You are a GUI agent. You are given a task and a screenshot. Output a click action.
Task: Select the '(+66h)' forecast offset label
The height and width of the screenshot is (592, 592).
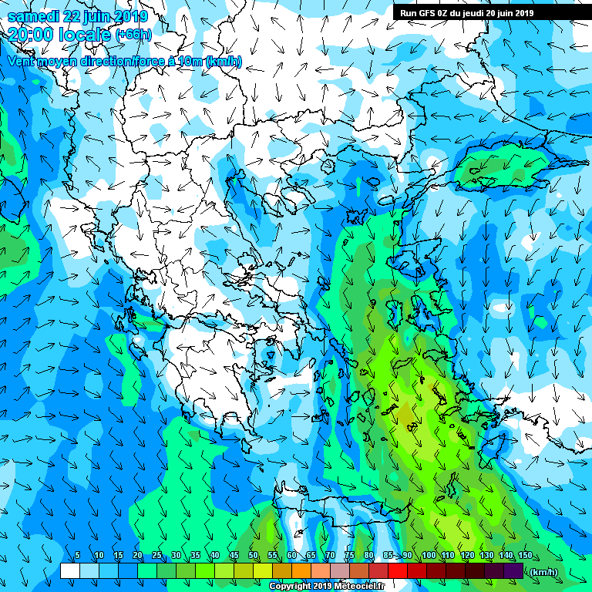(133, 35)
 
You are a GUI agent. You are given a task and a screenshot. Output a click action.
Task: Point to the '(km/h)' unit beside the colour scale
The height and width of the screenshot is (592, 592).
(545, 571)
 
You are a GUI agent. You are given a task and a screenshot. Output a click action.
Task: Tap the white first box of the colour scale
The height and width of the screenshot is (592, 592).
(70, 571)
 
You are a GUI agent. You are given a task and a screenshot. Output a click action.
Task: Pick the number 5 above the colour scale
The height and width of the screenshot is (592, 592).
(77, 556)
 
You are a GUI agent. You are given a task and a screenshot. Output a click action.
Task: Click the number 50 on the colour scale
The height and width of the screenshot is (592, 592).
(254, 556)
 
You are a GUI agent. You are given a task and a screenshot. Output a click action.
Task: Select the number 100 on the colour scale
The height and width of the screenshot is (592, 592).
(429, 556)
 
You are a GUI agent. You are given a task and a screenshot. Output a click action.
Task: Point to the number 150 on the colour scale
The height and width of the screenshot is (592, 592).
(526, 556)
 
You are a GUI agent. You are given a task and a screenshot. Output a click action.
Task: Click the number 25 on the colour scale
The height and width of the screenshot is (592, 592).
(156, 556)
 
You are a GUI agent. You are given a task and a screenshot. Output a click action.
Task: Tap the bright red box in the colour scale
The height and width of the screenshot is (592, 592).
(397, 571)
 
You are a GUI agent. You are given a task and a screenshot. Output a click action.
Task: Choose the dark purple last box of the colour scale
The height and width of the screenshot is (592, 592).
(513, 571)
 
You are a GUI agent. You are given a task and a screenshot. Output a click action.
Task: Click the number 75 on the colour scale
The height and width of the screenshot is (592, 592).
(350, 556)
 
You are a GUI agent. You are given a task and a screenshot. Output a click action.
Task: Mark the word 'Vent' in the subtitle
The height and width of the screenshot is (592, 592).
(22, 61)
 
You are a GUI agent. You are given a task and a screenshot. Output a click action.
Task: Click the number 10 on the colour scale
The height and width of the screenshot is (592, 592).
(99, 556)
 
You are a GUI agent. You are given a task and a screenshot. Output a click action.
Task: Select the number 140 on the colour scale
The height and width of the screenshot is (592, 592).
(506, 556)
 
